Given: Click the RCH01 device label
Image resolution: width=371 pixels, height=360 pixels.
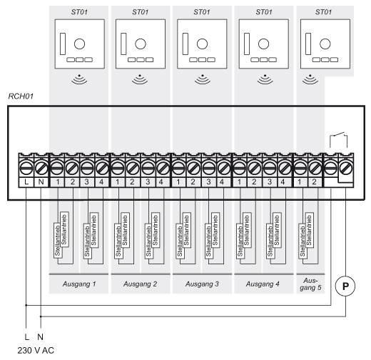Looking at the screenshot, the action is [21, 96].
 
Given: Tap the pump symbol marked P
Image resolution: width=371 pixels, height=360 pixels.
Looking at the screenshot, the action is [345, 286].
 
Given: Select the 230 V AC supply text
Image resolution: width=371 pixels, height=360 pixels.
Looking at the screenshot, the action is [36, 351].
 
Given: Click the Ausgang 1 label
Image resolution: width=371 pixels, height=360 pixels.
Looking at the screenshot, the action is [79, 284].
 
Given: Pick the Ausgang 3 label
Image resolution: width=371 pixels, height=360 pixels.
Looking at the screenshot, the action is [202, 284].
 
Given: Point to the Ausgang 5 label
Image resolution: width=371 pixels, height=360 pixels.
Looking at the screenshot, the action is [310, 284].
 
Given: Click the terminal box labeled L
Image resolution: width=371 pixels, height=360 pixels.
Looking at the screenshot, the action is [26, 182].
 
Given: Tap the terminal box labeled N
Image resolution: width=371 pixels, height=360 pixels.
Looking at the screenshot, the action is [41, 182].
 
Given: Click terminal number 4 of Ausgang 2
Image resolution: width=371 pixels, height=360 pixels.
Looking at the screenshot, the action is [161, 182].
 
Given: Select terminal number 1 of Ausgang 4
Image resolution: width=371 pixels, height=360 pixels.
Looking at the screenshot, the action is [239, 182].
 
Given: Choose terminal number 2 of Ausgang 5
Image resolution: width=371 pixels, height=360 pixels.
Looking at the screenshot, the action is [314, 182].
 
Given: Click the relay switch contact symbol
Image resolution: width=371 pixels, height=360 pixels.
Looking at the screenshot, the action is [338, 141].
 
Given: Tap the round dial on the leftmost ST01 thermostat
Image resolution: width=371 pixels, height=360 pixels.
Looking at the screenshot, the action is [79, 44].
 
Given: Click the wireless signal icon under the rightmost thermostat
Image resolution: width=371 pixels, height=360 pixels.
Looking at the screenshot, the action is [310, 79].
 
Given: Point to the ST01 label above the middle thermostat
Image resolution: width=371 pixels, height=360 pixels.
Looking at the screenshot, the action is [202, 12].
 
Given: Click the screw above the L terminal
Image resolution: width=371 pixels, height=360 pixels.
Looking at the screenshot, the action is [26, 168].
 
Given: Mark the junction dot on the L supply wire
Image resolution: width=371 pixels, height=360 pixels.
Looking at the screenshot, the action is [26, 305].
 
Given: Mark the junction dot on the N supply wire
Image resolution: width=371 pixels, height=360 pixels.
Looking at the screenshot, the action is [41, 316].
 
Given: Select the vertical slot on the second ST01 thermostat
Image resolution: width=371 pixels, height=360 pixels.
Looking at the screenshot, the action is [123, 44].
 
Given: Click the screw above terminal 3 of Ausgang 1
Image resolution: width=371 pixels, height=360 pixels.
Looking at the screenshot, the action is [87, 168].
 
